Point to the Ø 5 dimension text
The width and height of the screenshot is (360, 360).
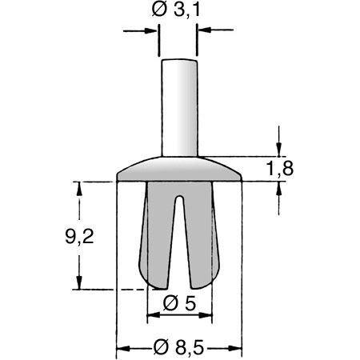tap(179, 303)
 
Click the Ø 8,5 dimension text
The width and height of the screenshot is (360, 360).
tap(179, 347)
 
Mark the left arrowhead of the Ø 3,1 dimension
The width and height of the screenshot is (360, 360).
tap(151, 32)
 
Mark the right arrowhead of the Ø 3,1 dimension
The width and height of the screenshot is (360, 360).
tap(202, 32)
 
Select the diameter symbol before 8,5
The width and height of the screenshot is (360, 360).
tap(159, 347)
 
